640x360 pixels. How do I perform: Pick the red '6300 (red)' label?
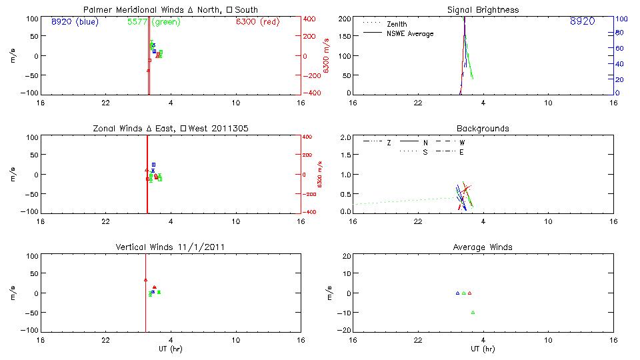pyautogui.click(x=259, y=21)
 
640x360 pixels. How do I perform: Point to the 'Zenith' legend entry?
pyautogui.click(x=397, y=23)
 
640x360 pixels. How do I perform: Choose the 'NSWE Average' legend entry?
pyautogui.click(x=410, y=33)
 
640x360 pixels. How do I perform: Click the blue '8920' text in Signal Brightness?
pyautogui.click(x=582, y=21)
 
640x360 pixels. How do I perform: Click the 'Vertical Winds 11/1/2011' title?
pyautogui.click(x=171, y=247)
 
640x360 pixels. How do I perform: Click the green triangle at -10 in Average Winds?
pyautogui.click(x=473, y=312)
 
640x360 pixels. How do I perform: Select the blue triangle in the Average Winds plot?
pyautogui.click(x=457, y=293)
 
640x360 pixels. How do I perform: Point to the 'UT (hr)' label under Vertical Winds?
pyautogui.click(x=171, y=349)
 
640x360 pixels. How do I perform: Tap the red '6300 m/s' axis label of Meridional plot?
pyautogui.click(x=326, y=56)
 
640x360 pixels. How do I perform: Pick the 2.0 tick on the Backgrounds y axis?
pyautogui.click(x=345, y=137)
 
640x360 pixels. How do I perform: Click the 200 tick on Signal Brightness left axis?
pyautogui.click(x=344, y=19)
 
